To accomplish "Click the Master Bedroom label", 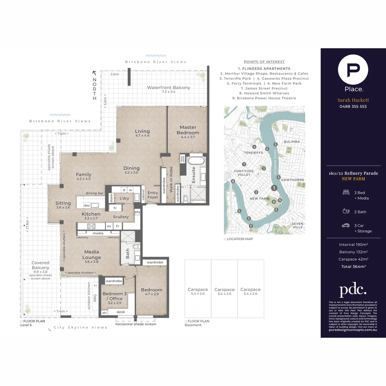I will (188, 130).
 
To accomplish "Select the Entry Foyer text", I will (153, 195).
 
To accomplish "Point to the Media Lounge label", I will (91, 254).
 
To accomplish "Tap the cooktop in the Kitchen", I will (91, 226).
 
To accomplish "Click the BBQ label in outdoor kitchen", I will (95, 297).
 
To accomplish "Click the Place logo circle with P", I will (353, 69).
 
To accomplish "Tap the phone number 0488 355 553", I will (353, 107).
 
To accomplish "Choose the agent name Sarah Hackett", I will (353, 100).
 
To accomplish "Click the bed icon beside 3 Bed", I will (346, 193).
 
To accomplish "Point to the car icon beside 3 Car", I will (346, 226).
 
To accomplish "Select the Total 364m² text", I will (353, 266).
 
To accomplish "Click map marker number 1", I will (274, 188).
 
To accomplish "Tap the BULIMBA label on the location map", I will (292, 142).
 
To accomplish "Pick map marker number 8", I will (233, 182).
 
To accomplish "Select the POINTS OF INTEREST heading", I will (264, 62).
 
